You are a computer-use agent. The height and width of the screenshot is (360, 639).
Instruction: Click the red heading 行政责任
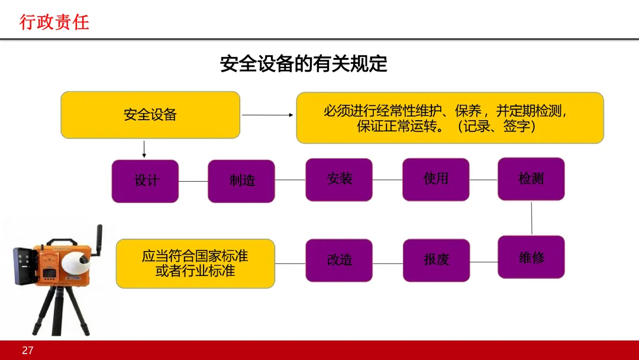coord(54,22)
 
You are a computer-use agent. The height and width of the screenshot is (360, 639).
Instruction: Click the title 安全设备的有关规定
coord(304,64)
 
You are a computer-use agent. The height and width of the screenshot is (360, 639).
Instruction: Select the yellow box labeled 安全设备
coord(150,115)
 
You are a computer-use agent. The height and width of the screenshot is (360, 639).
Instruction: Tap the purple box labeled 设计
coord(145,181)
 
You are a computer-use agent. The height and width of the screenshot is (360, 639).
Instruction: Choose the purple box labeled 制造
coord(241,181)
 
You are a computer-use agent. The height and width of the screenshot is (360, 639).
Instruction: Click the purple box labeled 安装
coord(339,179)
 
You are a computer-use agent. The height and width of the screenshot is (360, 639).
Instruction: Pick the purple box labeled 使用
coord(435,179)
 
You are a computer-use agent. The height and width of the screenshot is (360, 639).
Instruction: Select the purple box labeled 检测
coord(531,179)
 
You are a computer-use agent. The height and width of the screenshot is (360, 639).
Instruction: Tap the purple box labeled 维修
coord(531,257)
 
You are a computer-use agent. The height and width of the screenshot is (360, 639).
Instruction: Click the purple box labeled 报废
coord(436,260)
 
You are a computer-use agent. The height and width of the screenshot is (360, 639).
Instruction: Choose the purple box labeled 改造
coord(339,260)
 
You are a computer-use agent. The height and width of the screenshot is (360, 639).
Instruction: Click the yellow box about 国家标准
coord(195,263)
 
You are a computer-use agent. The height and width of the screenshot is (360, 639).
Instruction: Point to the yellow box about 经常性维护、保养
coord(450,118)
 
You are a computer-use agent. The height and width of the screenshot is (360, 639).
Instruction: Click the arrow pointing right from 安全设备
coord(267,115)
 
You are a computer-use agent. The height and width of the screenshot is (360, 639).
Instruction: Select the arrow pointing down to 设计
coord(144,149)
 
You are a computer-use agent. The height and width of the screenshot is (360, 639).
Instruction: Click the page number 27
coord(27,351)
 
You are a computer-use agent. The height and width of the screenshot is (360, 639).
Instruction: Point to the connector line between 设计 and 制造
coord(193,181)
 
